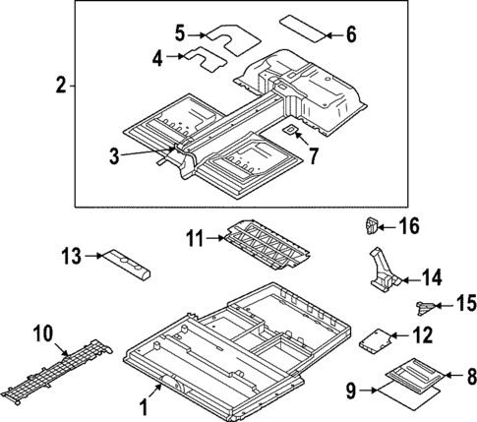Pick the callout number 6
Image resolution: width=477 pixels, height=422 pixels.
351,34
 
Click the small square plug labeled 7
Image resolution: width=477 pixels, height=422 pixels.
292,128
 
